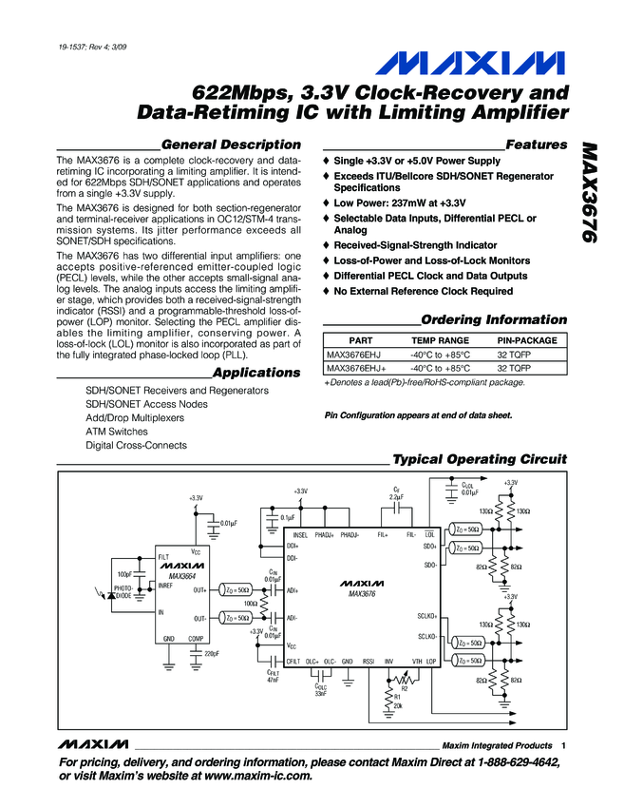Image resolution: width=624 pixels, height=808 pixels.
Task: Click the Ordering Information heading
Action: point(493,319)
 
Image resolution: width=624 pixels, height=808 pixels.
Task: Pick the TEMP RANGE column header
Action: point(440,340)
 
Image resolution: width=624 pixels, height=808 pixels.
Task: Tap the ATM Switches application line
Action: point(117,432)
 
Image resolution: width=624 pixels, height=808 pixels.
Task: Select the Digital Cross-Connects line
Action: point(136,445)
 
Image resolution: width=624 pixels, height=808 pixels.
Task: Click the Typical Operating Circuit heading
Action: point(479,459)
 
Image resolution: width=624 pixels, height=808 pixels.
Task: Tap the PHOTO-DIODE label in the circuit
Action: point(123,591)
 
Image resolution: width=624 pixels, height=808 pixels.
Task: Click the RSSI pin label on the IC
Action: point(369,660)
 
